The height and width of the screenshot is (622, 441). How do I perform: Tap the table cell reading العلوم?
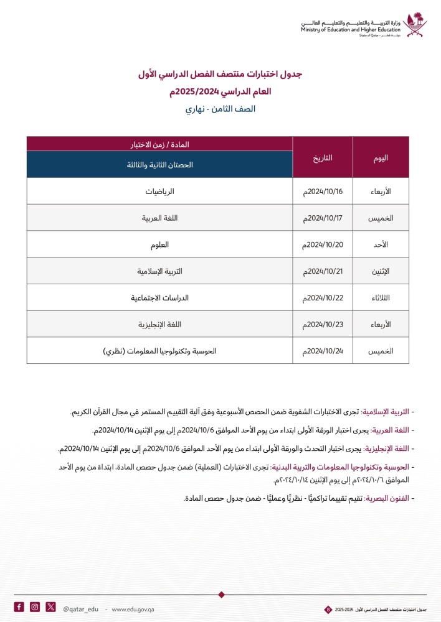click(159, 244)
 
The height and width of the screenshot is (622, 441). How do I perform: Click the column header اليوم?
click(381, 157)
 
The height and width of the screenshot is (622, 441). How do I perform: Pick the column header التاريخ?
click(323, 157)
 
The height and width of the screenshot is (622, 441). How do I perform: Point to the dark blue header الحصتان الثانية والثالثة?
click(159, 165)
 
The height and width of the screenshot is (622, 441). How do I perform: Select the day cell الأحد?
click(381, 244)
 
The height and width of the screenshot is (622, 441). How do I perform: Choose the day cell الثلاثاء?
click(381, 298)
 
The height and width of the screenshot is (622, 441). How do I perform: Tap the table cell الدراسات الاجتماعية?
click(159, 298)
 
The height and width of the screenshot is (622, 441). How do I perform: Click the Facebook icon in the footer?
click(19, 607)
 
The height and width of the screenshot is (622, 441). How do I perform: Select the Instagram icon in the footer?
click(35, 607)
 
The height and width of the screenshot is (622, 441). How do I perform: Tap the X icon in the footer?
click(50, 607)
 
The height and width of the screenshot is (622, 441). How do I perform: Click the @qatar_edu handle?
click(81, 608)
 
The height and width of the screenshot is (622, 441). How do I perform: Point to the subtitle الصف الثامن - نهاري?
click(220, 109)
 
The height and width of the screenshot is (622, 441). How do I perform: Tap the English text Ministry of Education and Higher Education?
click(349, 29)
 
